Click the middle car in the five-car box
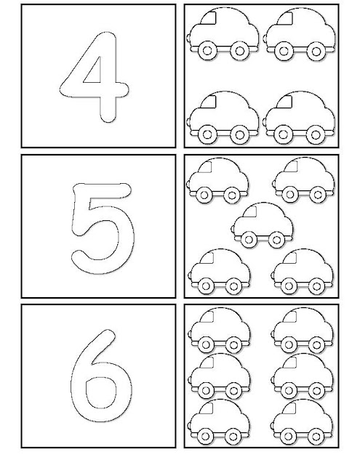[262, 225]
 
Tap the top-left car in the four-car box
[223, 34]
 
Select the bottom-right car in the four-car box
[300, 118]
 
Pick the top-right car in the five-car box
[303, 180]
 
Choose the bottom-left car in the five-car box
[219, 272]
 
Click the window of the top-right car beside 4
[285, 18]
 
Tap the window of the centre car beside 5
[251, 211]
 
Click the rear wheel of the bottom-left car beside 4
[239, 134]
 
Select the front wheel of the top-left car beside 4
[207, 51]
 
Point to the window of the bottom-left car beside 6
[207, 408]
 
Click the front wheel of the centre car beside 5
[249, 239]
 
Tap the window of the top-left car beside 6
[207, 317]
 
